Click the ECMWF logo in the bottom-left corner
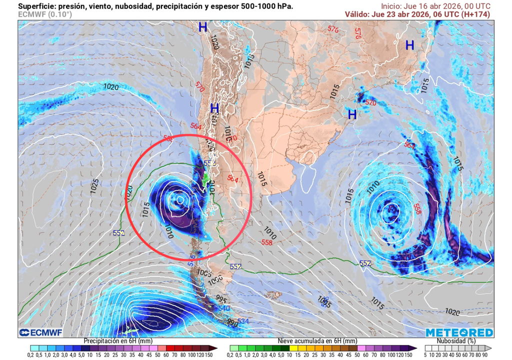point(39,332)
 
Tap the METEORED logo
point(459,332)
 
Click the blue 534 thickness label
point(243,320)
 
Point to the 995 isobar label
point(221,299)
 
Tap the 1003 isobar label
point(204,272)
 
